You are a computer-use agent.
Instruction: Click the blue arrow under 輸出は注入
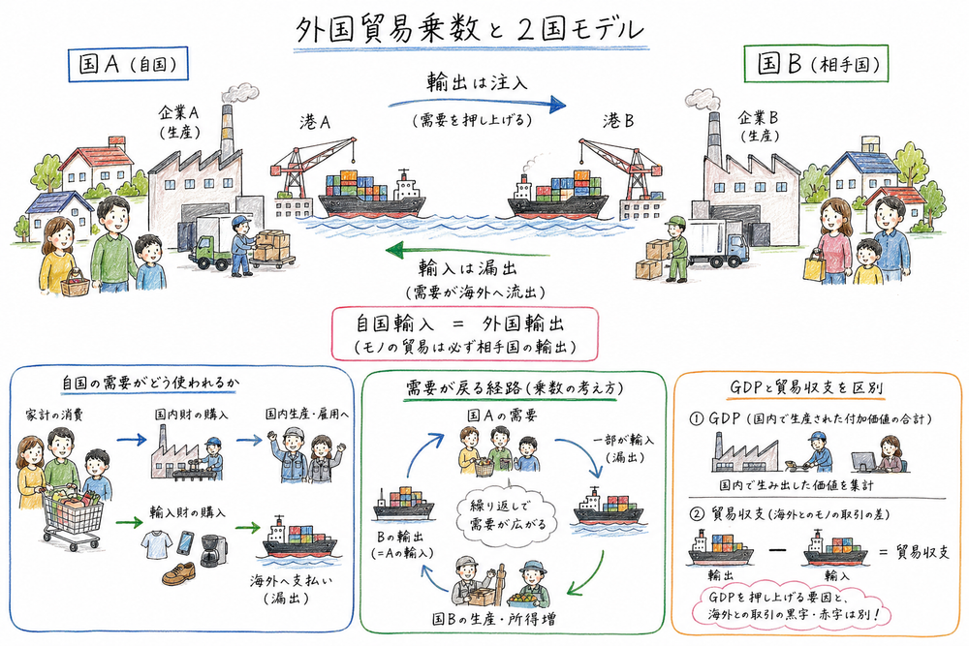coord(477,103)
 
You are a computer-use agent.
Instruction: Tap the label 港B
coord(618,122)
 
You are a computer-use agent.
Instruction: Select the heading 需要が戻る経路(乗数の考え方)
coord(514,386)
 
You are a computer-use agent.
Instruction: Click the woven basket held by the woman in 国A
coord(73,284)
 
